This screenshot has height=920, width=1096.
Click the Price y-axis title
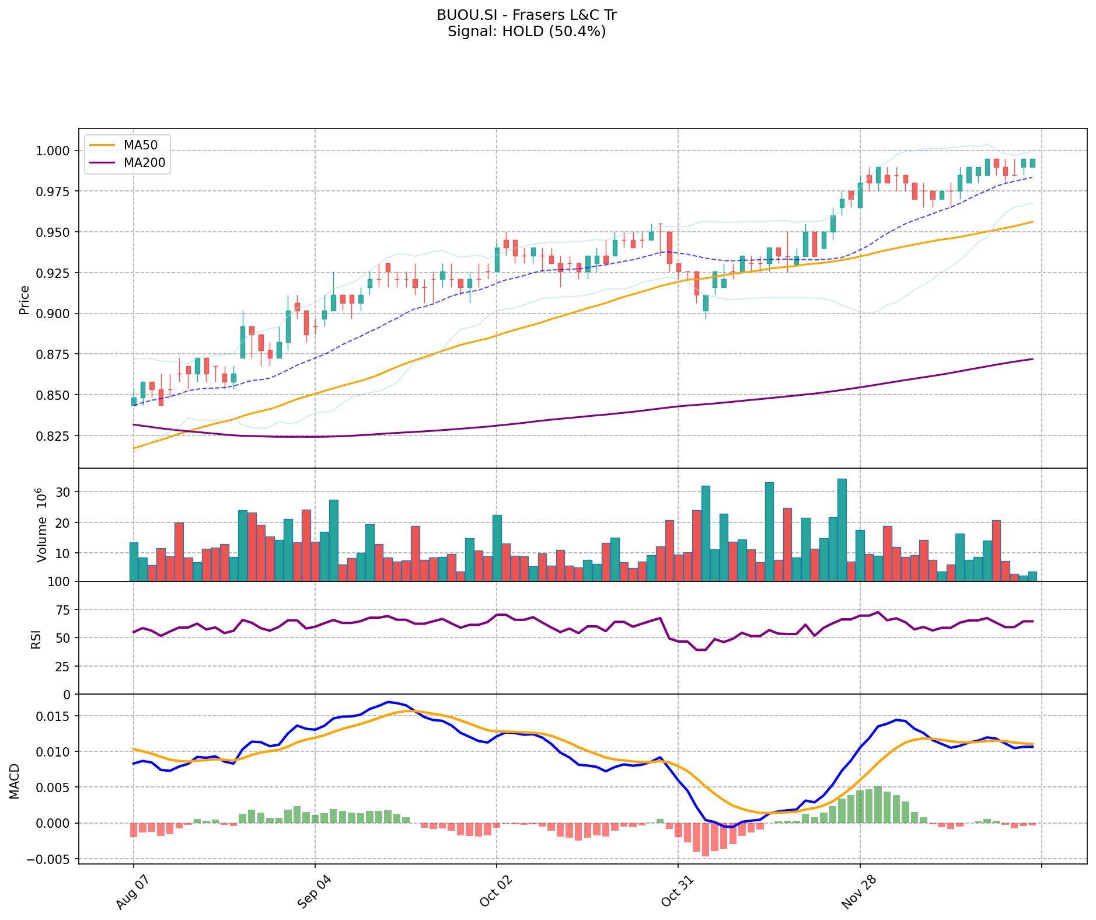25,299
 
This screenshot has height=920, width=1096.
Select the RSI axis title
36,639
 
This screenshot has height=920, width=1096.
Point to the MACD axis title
15,781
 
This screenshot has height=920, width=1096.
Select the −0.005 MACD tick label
51,859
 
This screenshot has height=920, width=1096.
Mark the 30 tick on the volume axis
64,492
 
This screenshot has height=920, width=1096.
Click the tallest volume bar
842,530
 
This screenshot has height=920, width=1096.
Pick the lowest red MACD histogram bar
706,839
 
